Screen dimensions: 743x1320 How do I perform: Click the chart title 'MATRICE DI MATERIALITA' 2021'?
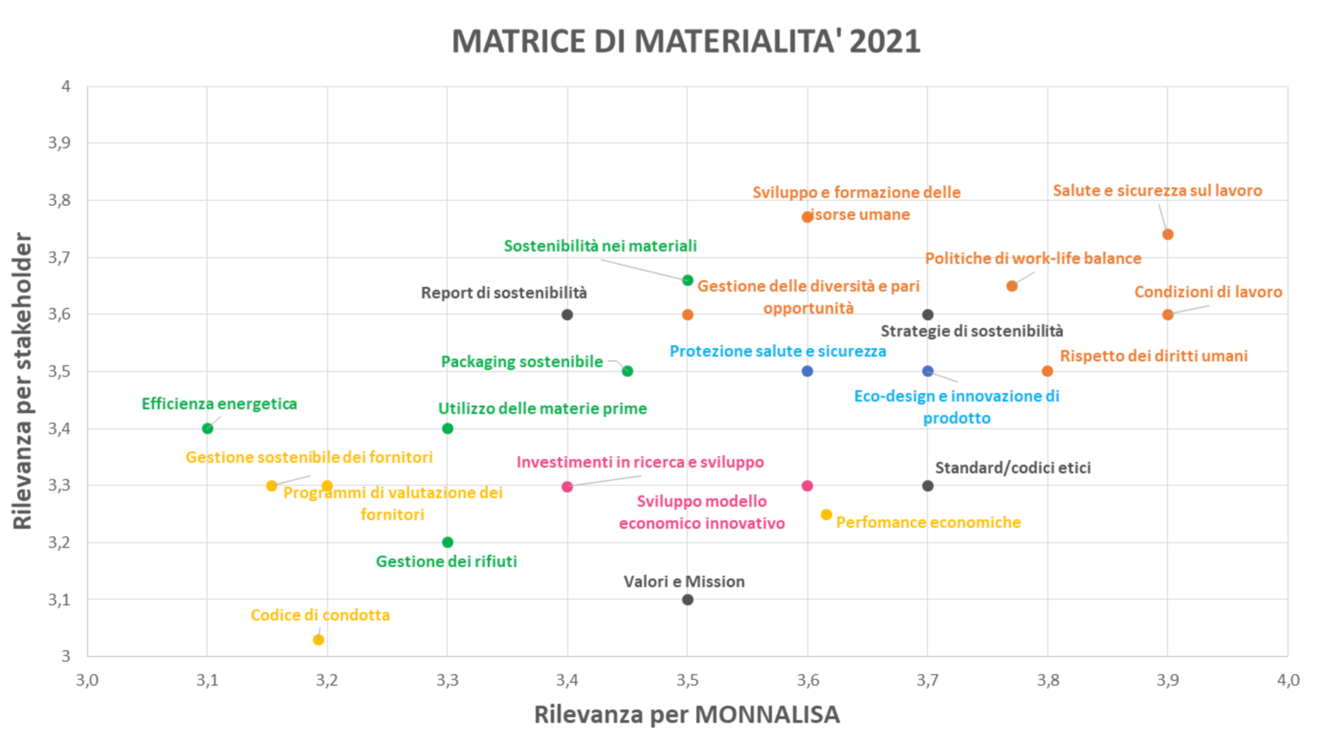click(x=686, y=41)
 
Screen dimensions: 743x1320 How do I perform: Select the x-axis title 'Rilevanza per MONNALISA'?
click(x=686, y=715)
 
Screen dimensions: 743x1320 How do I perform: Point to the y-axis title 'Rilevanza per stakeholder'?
click(x=23, y=381)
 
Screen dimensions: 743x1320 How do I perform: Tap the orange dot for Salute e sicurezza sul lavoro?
click(x=1168, y=235)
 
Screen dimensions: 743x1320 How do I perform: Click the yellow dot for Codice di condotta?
click(x=318, y=640)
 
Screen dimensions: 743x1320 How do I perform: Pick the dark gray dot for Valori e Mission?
click(x=688, y=600)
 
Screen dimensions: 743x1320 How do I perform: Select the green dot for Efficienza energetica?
click(x=208, y=429)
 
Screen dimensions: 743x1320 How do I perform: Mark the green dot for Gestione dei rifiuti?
click(x=448, y=543)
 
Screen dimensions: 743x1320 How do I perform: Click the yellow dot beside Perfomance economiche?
click(x=826, y=515)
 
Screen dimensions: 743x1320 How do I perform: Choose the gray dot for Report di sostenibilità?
click(x=567, y=315)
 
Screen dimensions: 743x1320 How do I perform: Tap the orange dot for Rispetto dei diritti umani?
click(x=1047, y=371)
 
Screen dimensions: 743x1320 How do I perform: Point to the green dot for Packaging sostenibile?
click(x=628, y=371)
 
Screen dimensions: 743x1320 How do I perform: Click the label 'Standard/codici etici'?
click(x=1013, y=468)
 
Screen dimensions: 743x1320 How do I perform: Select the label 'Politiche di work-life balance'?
click(x=1033, y=258)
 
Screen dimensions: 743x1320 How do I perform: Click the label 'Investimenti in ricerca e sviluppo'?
click(x=639, y=462)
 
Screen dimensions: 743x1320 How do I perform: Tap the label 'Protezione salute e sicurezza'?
click(x=777, y=351)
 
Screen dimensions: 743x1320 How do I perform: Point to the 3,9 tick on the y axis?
click(x=59, y=143)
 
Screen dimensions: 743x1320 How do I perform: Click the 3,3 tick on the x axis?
click(x=447, y=680)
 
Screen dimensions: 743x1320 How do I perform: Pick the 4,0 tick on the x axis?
click(x=1288, y=680)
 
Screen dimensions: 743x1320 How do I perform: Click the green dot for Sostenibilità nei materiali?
click(x=688, y=280)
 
